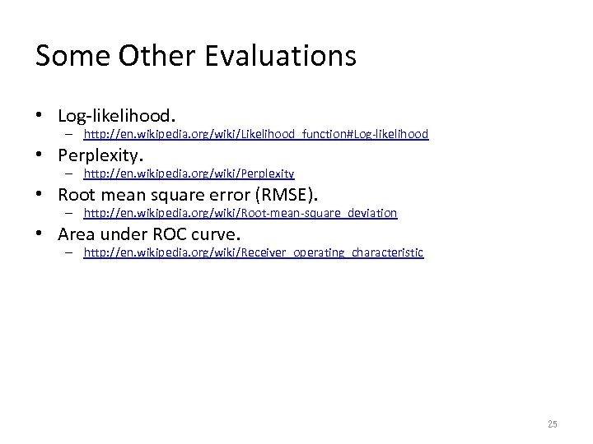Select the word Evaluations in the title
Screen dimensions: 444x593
(x=282, y=56)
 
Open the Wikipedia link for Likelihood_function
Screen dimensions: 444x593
(x=256, y=134)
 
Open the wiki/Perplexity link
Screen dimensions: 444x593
(x=189, y=173)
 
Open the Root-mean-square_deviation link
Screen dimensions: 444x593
(x=240, y=213)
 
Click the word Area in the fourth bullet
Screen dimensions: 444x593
(x=75, y=234)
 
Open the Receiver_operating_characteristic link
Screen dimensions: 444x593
(x=254, y=252)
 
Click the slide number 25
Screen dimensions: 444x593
(x=552, y=424)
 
